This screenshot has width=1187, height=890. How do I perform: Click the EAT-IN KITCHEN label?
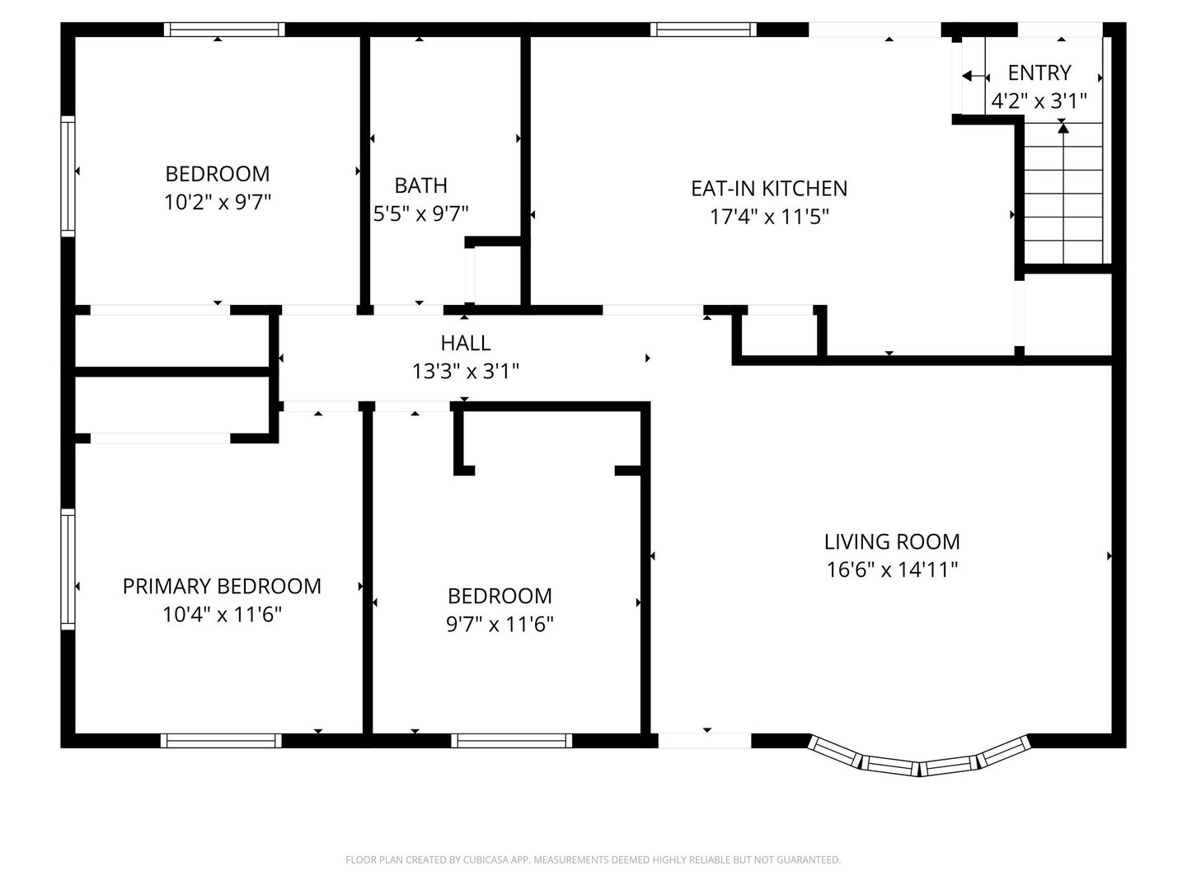(768, 188)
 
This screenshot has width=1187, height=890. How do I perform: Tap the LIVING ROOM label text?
(891, 541)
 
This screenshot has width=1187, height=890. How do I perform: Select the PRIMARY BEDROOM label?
(222, 586)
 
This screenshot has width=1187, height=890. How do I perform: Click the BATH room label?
(420, 185)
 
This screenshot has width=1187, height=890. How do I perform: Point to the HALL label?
(466, 343)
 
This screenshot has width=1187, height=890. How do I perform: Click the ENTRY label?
(1039, 73)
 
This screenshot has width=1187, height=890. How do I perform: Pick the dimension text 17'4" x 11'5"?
(768, 217)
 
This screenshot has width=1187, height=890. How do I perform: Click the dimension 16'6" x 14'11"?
(891, 569)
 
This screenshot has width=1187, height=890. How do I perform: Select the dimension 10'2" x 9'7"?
(218, 202)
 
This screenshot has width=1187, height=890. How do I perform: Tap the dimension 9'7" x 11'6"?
(500, 624)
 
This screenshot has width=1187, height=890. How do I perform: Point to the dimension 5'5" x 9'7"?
(420, 213)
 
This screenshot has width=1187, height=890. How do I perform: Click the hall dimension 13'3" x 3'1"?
(466, 371)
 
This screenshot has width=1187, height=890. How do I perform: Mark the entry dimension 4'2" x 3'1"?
(1039, 101)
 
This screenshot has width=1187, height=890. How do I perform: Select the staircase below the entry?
(1063, 194)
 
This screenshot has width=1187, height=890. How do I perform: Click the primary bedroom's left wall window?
(68, 569)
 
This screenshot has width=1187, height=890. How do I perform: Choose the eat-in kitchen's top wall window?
(703, 29)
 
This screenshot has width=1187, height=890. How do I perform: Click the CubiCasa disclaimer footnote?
(593, 860)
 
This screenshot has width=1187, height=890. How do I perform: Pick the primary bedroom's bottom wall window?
(221, 740)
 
